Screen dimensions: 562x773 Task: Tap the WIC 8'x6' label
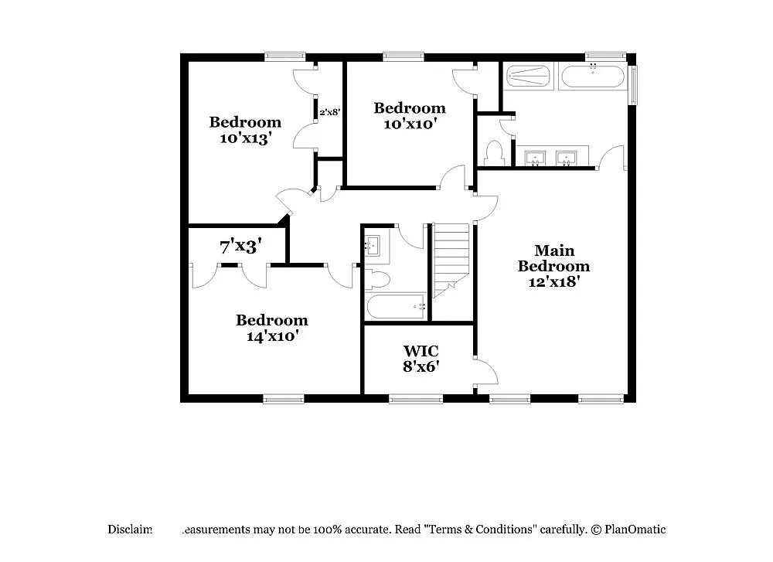point(421,359)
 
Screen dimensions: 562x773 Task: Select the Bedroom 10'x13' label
point(245,130)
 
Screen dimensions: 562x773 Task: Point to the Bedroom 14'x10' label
point(271,328)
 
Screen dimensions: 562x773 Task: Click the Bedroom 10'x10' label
point(409,115)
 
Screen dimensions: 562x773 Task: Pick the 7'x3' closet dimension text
point(240,247)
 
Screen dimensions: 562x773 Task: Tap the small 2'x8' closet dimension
point(330,111)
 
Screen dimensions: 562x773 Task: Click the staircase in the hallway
point(451,258)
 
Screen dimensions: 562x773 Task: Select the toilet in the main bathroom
point(494,153)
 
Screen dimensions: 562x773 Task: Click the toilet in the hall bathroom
point(378,279)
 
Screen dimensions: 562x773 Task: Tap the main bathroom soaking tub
point(592,77)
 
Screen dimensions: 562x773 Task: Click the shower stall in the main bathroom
point(529,77)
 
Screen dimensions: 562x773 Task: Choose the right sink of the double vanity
point(567,158)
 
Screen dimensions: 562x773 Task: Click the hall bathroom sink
point(373,246)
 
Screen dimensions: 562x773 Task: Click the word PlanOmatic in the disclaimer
point(635,530)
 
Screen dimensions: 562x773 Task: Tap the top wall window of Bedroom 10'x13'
point(285,56)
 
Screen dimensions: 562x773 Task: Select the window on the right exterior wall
point(633,85)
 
